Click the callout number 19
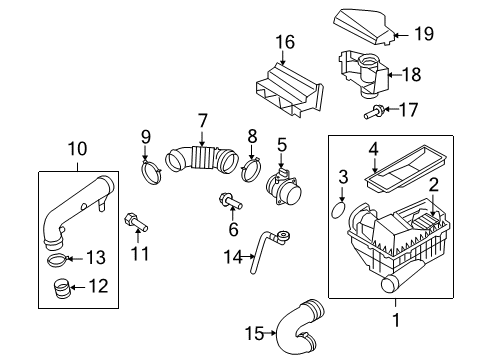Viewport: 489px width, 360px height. tap(424, 34)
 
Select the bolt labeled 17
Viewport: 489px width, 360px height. tap(373, 112)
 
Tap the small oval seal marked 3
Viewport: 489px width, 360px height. tap(339, 209)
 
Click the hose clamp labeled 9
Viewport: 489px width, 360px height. tap(152, 171)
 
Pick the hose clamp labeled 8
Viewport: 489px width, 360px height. tap(251, 170)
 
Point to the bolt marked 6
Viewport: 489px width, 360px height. tap(230, 201)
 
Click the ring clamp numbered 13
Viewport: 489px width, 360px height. tap(58, 260)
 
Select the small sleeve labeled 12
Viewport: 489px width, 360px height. tap(61, 289)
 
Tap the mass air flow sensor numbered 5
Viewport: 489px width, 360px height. tap(284, 187)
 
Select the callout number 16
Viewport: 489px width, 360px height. tap(285, 42)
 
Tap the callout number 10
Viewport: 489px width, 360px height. tap(77, 148)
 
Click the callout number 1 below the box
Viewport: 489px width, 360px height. tap(396, 320)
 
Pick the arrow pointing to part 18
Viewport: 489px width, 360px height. tap(395, 75)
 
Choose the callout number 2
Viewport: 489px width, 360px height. tap(433, 184)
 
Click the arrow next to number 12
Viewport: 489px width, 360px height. tap(78, 287)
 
